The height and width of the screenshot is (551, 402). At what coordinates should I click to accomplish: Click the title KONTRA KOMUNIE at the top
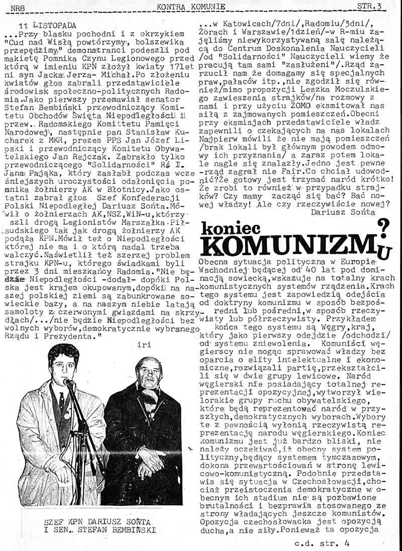190,6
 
